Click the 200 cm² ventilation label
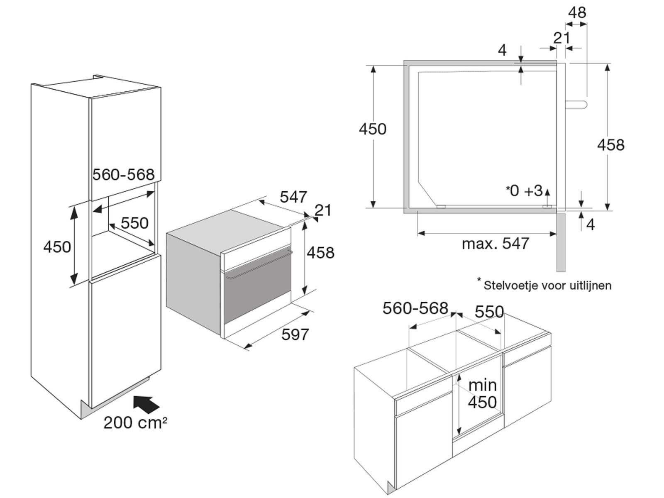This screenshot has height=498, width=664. coord(135,422)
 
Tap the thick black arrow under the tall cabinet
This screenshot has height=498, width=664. coord(146,404)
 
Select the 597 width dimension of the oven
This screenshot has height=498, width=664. coord(295,334)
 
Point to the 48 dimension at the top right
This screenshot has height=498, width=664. coord(577,12)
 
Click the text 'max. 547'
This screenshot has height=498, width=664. coord(496,244)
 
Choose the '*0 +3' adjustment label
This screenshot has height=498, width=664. coord(524,190)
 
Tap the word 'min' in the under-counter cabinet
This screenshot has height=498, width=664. coord(483,385)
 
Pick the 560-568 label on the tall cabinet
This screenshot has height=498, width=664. coord(123,175)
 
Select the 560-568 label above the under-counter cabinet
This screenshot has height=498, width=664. coord(415,308)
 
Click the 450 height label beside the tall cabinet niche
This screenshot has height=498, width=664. coord(57,247)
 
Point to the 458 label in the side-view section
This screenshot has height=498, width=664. coord(610,145)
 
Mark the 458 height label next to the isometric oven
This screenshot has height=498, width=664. coord(320,253)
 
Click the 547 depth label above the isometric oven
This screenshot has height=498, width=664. coord(293,197)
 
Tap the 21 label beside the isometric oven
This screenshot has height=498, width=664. coord(323,210)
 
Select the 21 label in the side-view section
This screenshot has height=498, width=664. coord(562,38)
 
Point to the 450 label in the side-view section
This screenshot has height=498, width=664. coord(373,129)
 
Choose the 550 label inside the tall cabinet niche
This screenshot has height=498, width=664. coord(134,223)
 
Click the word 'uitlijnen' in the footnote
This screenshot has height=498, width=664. coord(590,286)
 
